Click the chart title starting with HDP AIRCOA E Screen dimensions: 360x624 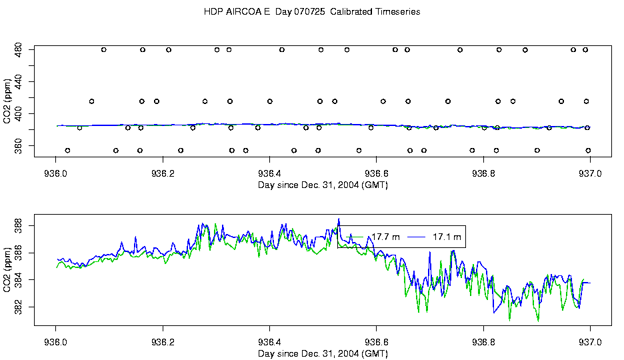[311, 12]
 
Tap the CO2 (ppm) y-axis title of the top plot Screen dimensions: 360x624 [7, 97]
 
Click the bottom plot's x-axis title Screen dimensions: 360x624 [323, 353]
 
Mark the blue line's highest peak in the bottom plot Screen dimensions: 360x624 [339, 219]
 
